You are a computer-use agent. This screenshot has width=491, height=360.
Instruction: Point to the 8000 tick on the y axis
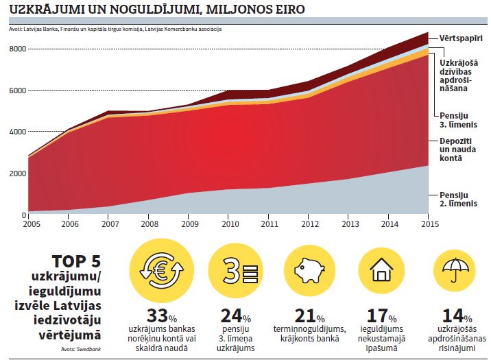tap(16, 49)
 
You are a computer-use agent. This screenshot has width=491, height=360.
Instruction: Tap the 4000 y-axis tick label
tap(16, 132)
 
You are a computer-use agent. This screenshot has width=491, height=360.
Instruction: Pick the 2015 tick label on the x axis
tap(430, 224)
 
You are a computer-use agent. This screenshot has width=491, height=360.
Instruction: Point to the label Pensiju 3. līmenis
tap(455, 112)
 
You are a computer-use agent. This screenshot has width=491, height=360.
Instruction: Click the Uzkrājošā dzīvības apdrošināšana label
tap(460, 70)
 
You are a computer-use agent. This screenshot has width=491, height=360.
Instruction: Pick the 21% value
tap(309, 316)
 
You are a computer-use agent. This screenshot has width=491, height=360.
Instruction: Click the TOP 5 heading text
tap(77, 262)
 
